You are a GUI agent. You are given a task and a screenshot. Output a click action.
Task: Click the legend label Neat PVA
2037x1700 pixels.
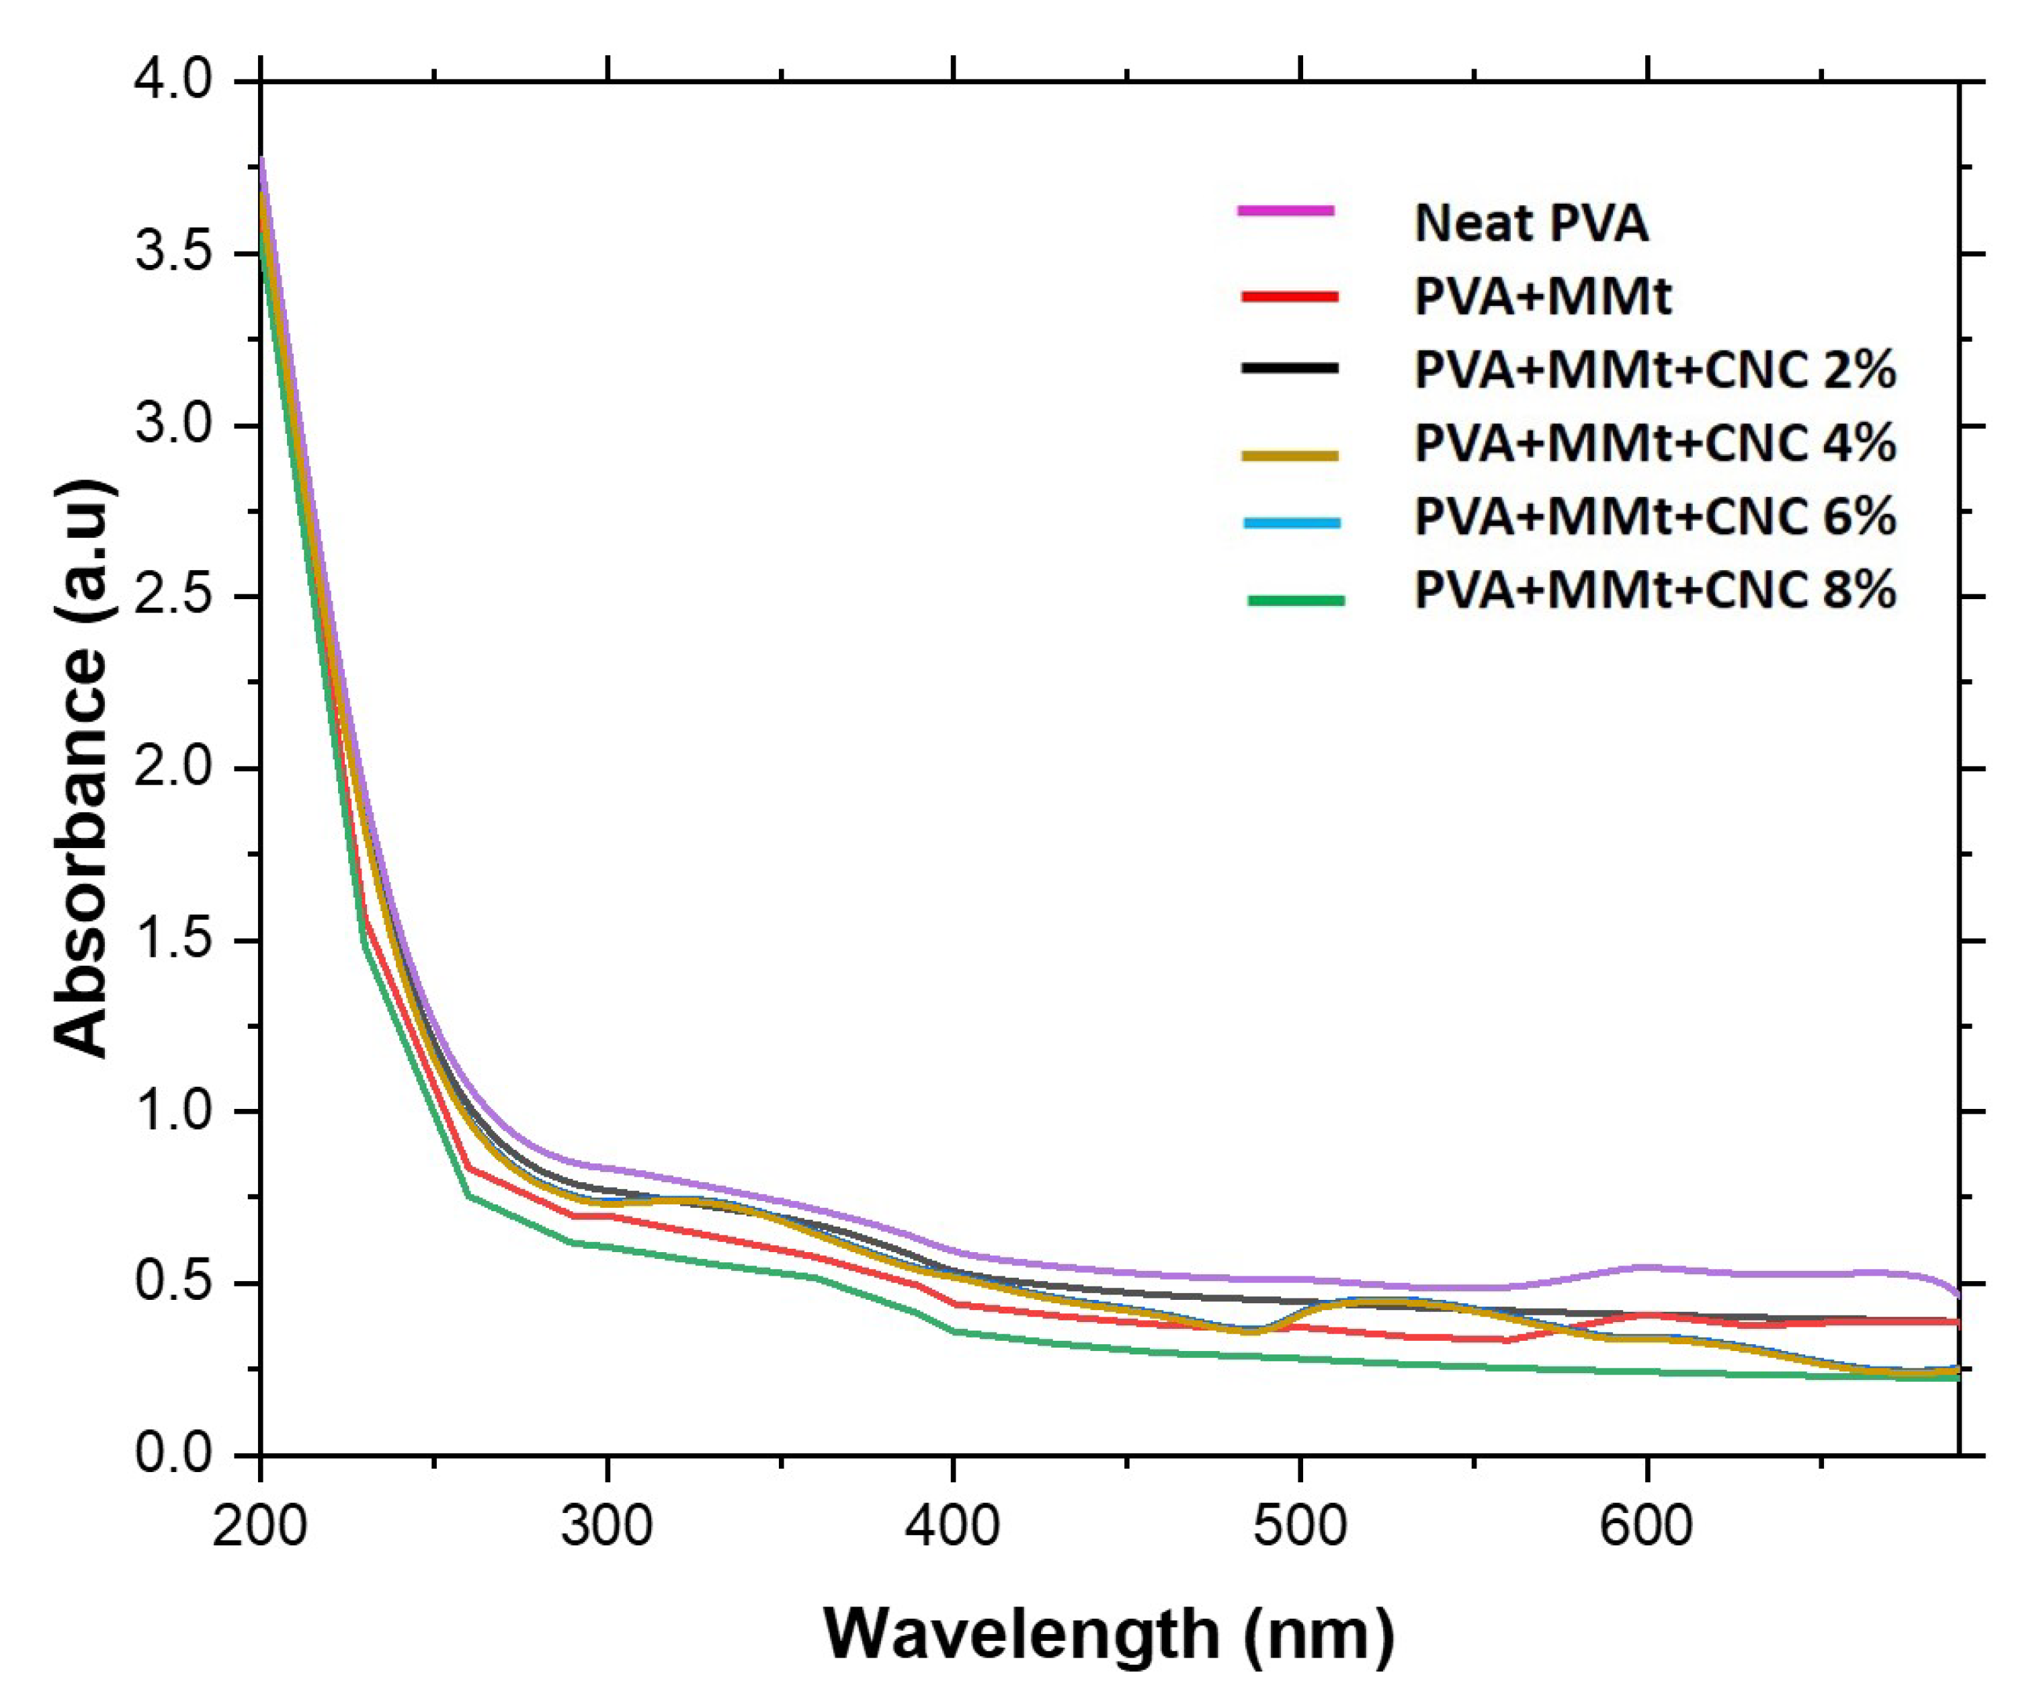[x=1531, y=223]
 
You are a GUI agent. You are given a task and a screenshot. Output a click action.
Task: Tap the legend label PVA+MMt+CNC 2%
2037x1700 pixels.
[x=1654, y=370]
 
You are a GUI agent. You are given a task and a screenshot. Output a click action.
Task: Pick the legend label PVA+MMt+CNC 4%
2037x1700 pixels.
[x=1654, y=443]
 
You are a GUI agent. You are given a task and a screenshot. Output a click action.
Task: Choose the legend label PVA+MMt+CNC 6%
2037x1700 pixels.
[x=1654, y=516]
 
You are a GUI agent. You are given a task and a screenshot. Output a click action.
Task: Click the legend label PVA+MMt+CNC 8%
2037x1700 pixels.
[x=1654, y=590]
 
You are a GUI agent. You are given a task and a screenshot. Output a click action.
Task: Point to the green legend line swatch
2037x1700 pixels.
[x=1296, y=601]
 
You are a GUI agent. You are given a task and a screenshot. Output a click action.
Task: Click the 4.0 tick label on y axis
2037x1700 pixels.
[x=173, y=81]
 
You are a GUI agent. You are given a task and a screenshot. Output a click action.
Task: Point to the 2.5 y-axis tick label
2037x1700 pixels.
[x=173, y=596]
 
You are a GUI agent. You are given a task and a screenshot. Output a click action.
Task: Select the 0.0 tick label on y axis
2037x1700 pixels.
[x=173, y=1453]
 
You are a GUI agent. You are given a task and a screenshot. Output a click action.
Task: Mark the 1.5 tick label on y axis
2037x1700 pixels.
[x=173, y=940]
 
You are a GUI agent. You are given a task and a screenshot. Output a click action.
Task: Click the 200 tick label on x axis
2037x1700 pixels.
[x=260, y=1525]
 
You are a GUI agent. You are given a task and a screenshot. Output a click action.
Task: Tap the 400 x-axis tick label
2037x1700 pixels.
[x=954, y=1525]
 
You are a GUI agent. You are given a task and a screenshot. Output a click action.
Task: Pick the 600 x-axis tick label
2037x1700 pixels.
[x=1646, y=1525]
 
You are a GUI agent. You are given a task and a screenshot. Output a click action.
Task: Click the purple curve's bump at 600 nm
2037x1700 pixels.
[x=1646, y=1266]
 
